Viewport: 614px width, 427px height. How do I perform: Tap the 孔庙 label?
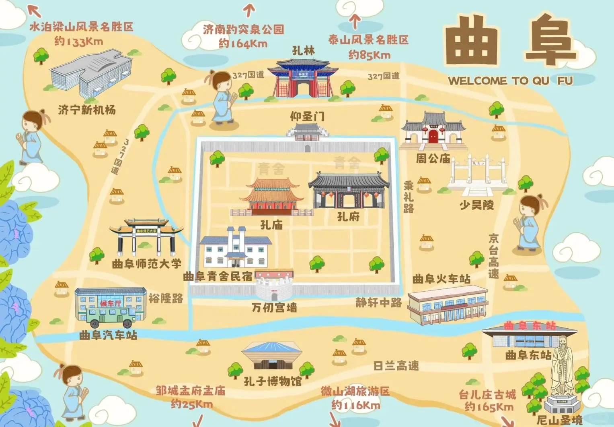coord(271,225)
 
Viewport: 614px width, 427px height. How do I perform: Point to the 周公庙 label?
coord(433,158)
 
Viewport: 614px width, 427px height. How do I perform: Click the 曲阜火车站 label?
coord(441,279)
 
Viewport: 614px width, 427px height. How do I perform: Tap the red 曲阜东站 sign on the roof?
coord(530,325)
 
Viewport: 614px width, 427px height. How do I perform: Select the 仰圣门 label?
coord(307,116)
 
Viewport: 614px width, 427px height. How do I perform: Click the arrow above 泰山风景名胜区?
coord(355,21)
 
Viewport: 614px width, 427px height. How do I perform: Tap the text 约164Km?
coord(243,43)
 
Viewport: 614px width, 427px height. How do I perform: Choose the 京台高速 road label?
coord(494,256)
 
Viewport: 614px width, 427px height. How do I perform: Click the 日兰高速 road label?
coord(396,366)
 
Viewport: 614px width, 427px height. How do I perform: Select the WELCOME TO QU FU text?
coord(510,81)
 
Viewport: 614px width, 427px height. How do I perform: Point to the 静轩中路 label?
coord(378,303)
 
